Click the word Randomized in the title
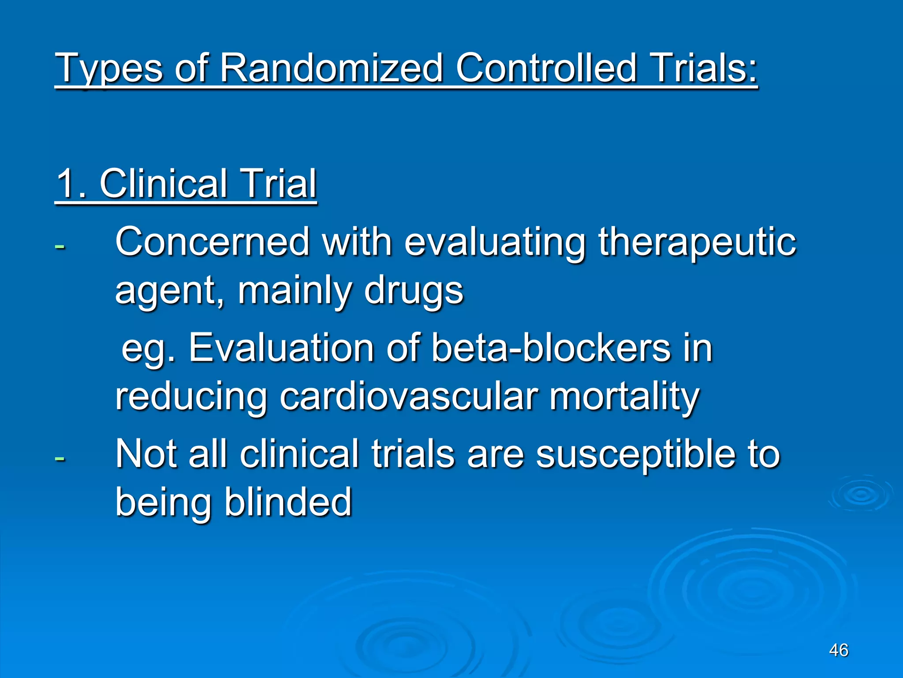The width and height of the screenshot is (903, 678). point(331,68)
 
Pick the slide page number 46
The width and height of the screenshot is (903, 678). point(838,650)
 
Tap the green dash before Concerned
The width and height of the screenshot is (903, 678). point(60,245)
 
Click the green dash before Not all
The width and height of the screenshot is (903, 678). point(60,458)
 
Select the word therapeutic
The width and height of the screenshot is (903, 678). point(697,243)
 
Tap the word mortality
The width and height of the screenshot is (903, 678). point(624,397)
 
